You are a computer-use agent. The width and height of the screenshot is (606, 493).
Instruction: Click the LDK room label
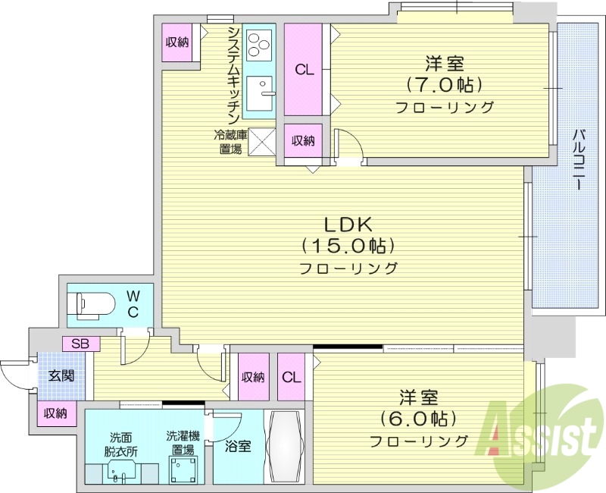[x=348, y=225]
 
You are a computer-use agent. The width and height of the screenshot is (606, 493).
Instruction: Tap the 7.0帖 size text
[x=444, y=83]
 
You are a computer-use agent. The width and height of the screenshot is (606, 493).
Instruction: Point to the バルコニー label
[x=577, y=159]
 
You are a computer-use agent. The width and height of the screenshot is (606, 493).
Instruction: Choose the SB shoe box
[x=80, y=344]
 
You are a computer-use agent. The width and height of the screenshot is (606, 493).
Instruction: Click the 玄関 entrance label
[x=61, y=375]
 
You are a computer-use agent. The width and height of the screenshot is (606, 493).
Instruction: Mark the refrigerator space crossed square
[x=262, y=141]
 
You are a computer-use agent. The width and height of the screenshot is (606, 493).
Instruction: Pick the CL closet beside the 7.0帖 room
[x=305, y=71]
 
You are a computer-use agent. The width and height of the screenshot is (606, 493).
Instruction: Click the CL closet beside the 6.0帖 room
[x=292, y=377]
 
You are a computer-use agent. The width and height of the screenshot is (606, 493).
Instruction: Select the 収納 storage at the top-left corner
[x=177, y=42]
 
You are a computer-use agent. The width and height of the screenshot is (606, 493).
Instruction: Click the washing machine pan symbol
[x=182, y=471]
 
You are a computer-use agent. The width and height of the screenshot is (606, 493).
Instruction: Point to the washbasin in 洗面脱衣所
[x=116, y=474]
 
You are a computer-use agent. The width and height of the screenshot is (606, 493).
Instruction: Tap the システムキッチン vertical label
[x=234, y=74]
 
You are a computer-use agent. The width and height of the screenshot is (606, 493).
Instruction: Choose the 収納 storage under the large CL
[x=304, y=140]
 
